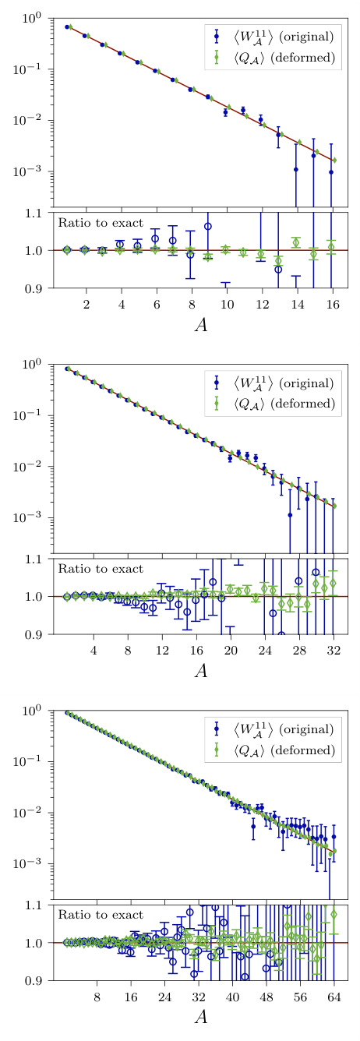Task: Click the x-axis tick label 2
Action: tap(86, 303)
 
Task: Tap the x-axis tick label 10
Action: tap(227, 303)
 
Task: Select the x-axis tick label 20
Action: tap(231, 649)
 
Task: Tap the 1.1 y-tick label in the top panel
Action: tap(39, 213)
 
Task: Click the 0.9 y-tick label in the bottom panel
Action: tap(39, 981)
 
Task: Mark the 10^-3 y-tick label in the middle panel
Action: tap(37, 517)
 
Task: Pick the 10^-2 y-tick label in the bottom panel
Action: tap(37, 812)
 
